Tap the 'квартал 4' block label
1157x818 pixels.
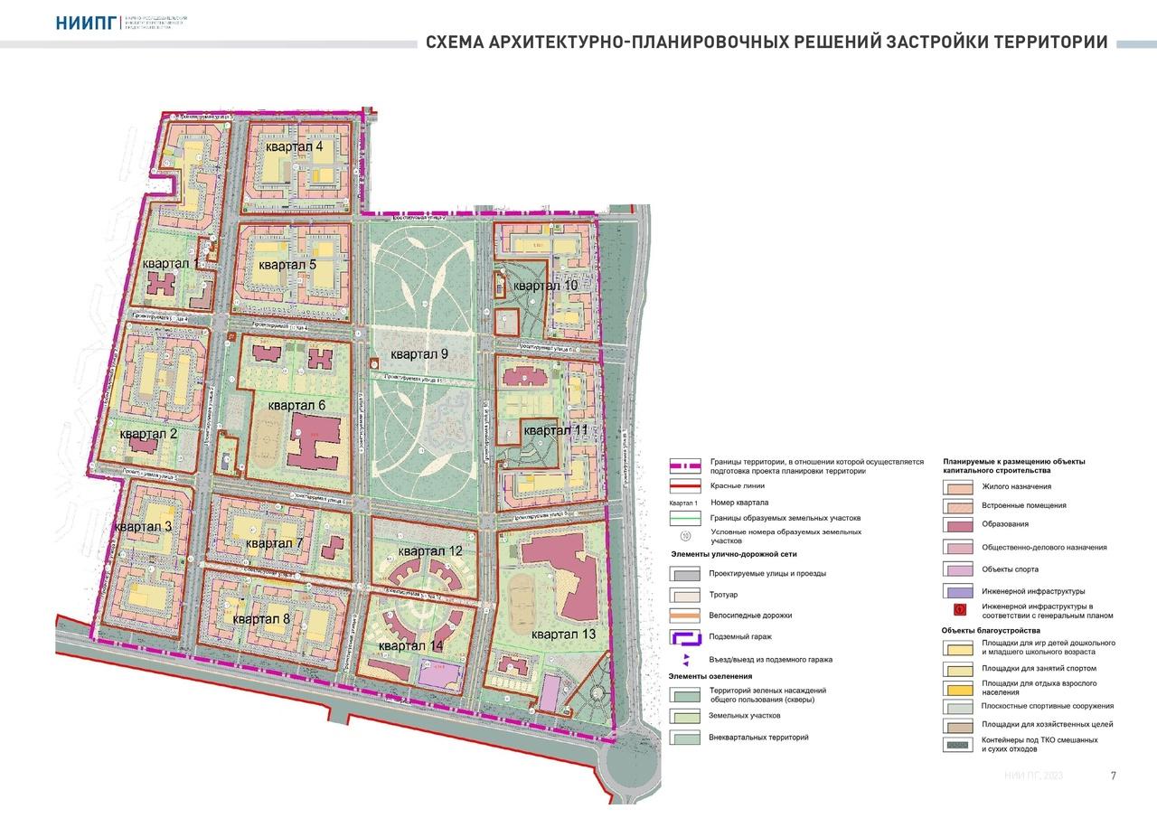click(x=294, y=146)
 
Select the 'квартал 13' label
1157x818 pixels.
click(x=563, y=635)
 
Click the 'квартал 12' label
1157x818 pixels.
click(x=430, y=550)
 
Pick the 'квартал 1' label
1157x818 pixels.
click(x=170, y=263)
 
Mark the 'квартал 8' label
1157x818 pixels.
click(x=260, y=619)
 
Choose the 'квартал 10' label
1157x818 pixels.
click(x=545, y=286)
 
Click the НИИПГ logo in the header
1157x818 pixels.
click(x=86, y=23)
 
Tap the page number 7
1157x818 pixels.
click(x=1113, y=776)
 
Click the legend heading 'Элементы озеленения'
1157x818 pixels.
click(x=710, y=675)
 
